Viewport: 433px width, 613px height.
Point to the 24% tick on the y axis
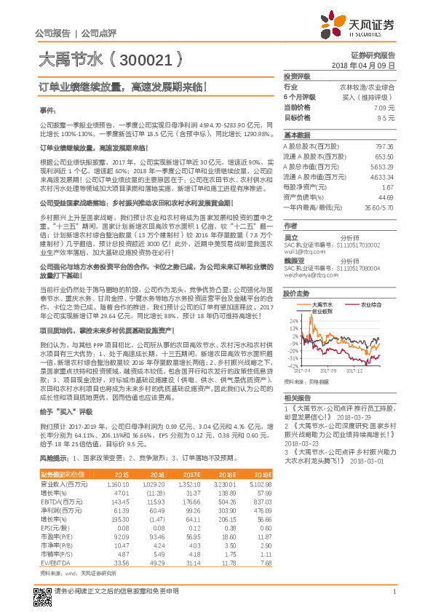coord(293,320)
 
